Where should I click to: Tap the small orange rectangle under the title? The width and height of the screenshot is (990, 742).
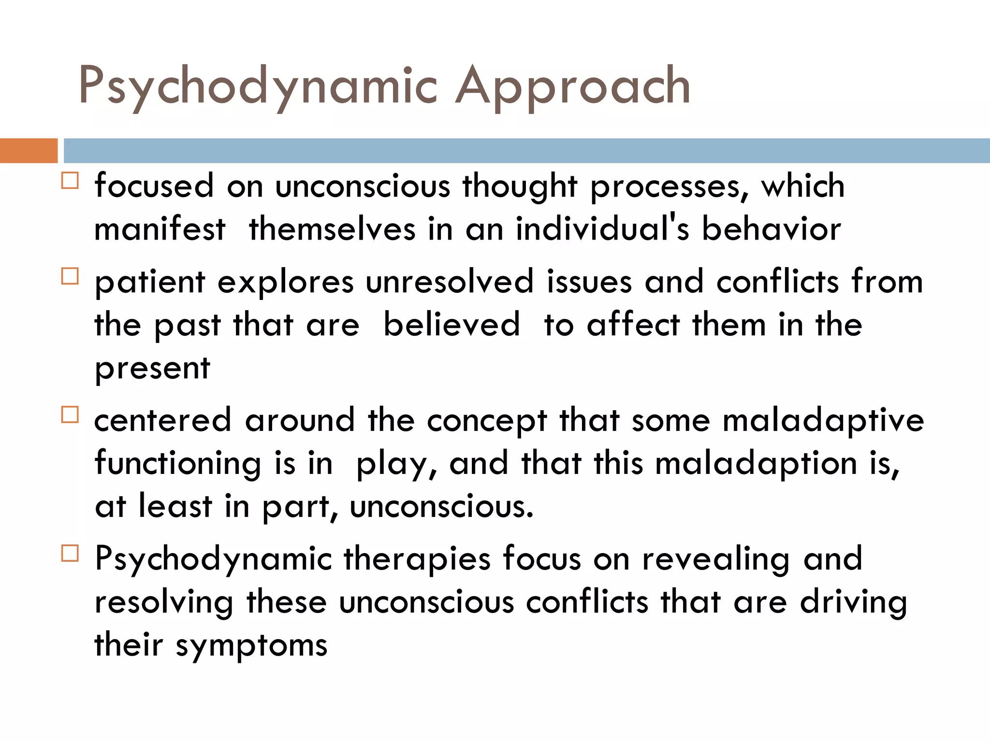pyautogui.click(x=29, y=150)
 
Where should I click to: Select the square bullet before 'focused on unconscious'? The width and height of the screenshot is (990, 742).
pyautogui.click(x=70, y=181)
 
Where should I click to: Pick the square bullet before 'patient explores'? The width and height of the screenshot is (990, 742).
pyautogui.click(x=70, y=276)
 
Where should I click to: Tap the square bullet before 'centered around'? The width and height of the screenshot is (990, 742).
pyautogui.click(x=70, y=415)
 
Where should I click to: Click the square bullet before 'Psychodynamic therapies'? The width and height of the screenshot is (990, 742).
pyautogui.click(x=70, y=554)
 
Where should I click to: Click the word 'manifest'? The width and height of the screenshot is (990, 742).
pyautogui.click(x=160, y=229)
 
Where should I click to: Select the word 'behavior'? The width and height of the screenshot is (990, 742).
pyautogui.click(x=772, y=229)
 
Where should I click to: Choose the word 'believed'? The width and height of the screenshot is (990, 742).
pyautogui.click(x=452, y=325)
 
